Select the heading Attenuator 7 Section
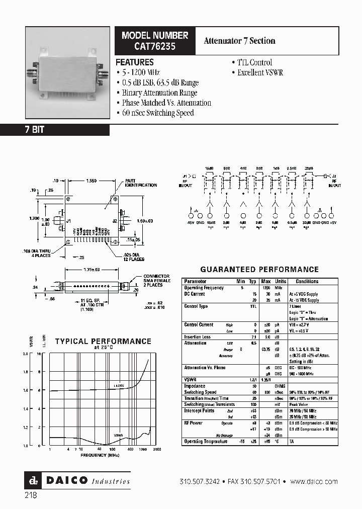click(239, 41)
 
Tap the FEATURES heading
click(135, 62)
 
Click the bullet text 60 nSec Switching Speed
click(157, 113)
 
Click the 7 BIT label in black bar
click(35, 130)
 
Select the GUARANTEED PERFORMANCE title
click(259, 270)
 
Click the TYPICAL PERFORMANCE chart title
click(103, 342)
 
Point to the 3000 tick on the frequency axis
click(156, 449)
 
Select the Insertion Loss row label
click(197, 337)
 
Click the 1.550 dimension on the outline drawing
click(92, 180)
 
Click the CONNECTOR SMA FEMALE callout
click(156, 281)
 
